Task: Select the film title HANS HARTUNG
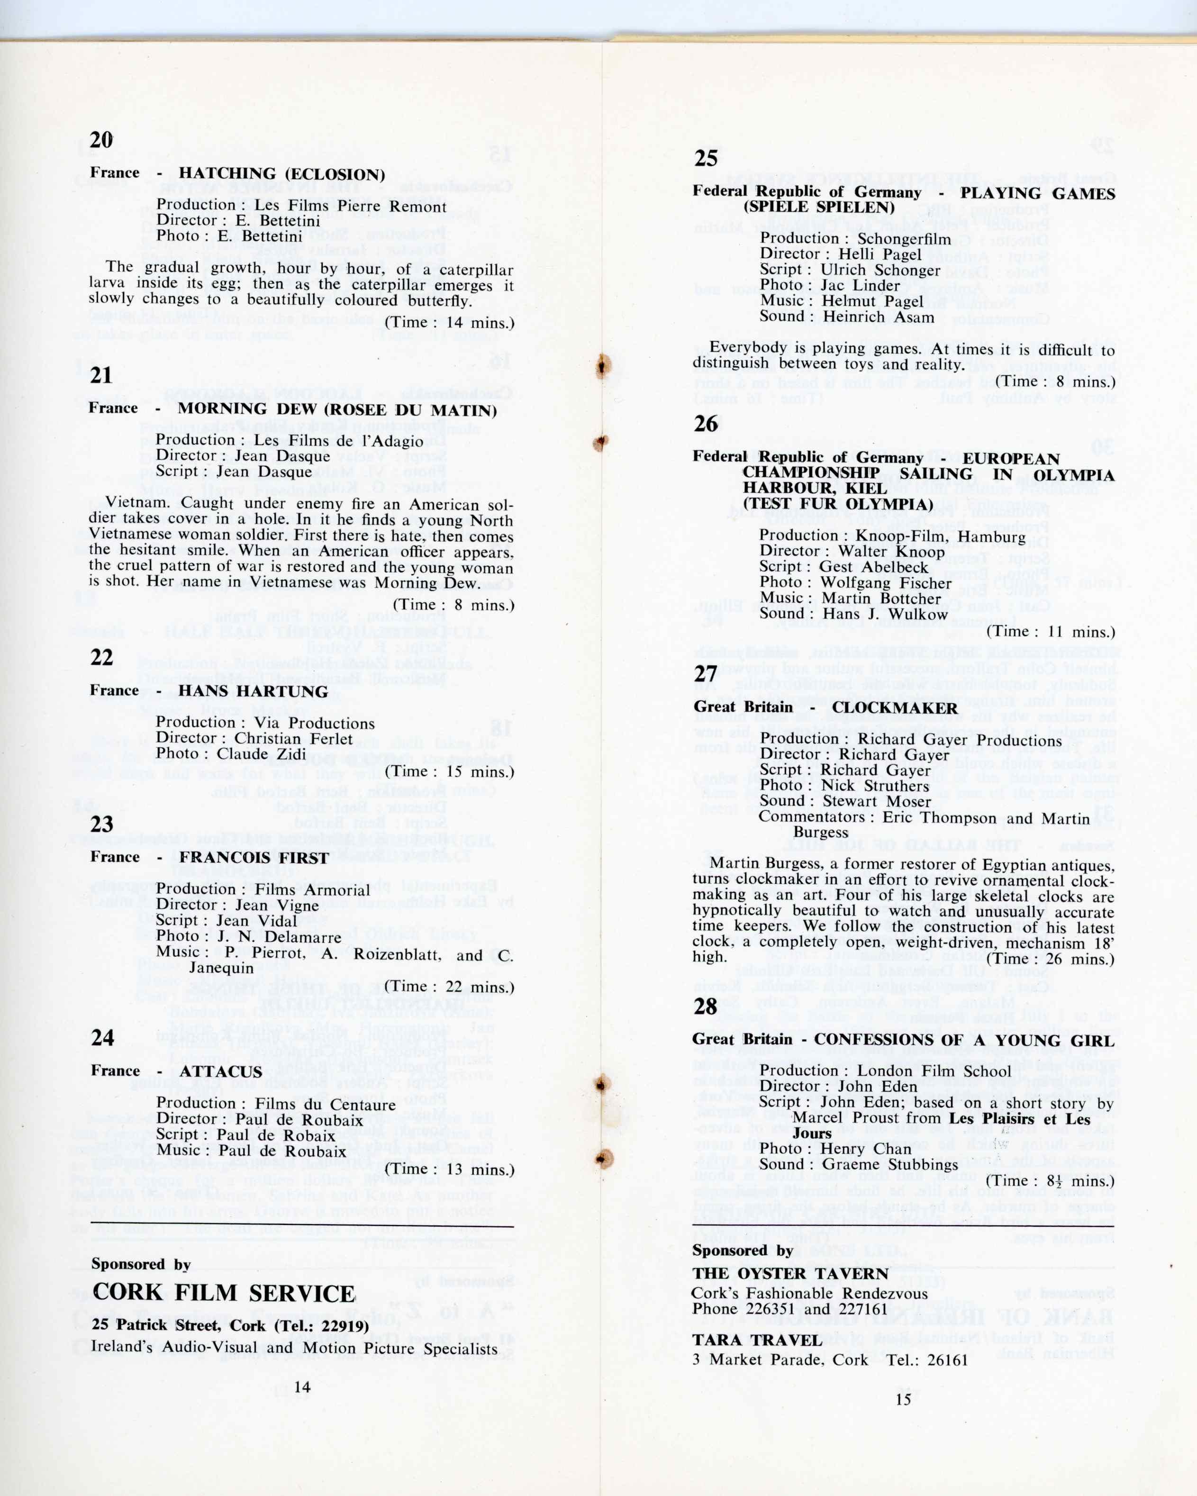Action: point(253,692)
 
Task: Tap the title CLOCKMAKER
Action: point(895,708)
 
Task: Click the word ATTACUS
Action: point(221,1071)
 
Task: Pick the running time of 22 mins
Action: point(449,986)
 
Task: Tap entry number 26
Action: point(706,423)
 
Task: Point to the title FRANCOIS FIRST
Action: point(254,858)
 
